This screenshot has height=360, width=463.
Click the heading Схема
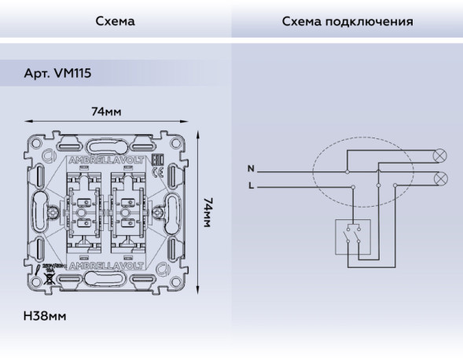click(x=115, y=21)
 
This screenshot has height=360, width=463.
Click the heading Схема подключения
click(x=347, y=21)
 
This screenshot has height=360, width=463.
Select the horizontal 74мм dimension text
click(x=106, y=112)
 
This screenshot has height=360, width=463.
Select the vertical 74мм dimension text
click(x=208, y=212)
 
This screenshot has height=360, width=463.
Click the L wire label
click(x=251, y=186)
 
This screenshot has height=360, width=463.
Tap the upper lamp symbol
click(x=441, y=154)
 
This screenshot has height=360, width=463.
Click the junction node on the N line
click(x=346, y=169)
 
